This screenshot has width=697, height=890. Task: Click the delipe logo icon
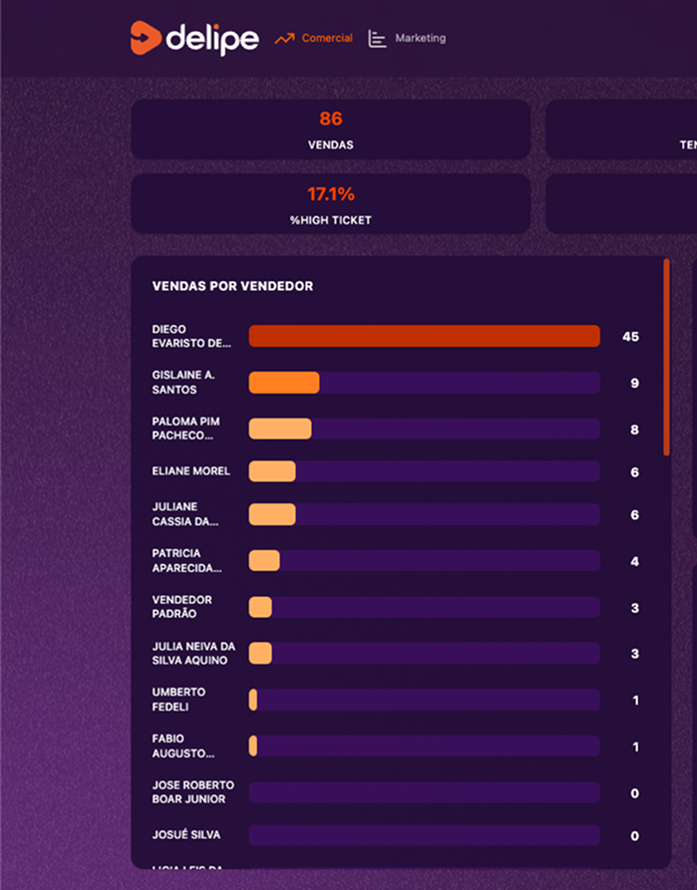[145, 38]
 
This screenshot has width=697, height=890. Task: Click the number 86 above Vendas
[330, 120]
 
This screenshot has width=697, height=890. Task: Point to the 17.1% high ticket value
[330, 194]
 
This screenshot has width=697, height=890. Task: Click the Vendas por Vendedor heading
[232, 286]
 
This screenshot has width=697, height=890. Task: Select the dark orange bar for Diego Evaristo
[424, 337]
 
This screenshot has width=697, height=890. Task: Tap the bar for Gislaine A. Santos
[283, 383]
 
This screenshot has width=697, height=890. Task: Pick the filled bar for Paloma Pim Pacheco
[279, 429]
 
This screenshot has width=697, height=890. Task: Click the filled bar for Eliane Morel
[271, 471]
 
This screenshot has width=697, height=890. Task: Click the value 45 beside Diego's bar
[630, 337]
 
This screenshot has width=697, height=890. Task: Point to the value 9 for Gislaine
[634, 384]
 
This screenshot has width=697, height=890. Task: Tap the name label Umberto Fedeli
[178, 700]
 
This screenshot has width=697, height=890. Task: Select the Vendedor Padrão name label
[181, 607]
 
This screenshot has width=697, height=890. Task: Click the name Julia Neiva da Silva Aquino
[193, 654]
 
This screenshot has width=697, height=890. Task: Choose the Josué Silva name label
[186, 835]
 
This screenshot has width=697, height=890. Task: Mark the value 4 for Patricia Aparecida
[634, 561]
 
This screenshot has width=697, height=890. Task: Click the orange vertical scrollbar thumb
[666, 357]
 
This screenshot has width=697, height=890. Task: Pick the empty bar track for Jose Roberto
[424, 792]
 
